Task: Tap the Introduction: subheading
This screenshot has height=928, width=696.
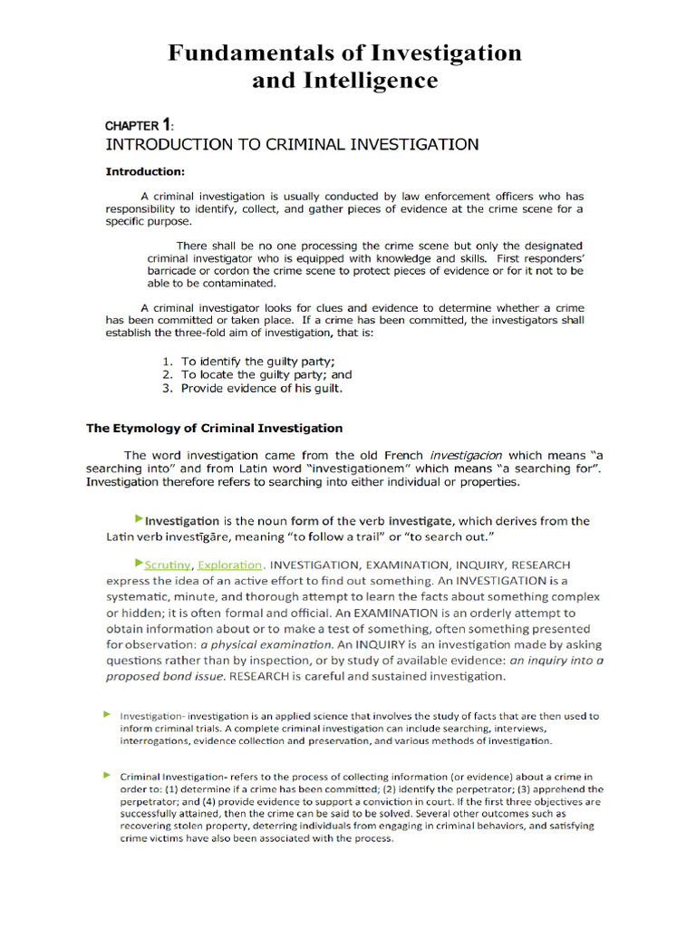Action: click(145, 171)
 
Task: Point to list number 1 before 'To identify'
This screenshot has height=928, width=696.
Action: click(168, 362)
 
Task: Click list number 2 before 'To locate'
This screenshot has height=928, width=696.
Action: click(168, 374)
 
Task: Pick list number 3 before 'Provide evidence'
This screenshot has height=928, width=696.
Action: click(168, 388)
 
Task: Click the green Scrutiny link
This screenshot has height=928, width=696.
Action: click(168, 565)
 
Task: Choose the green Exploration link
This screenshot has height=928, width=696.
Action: click(230, 565)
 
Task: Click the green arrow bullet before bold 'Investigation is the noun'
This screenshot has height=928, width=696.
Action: click(138, 518)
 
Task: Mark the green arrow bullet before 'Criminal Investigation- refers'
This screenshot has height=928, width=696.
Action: click(107, 776)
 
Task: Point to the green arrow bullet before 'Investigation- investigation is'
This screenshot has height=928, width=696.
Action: click(107, 715)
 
